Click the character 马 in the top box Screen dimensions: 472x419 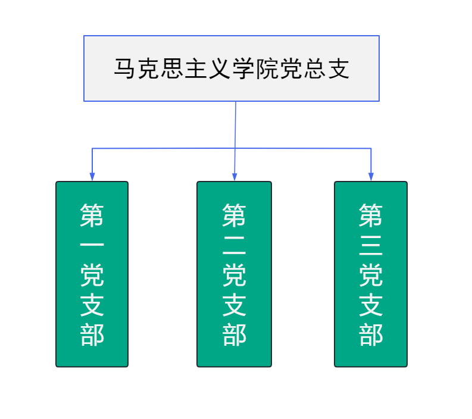124,68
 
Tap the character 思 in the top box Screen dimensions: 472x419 171,68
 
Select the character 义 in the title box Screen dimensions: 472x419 219,68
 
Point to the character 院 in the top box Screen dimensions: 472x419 267,68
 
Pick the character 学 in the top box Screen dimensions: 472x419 243,68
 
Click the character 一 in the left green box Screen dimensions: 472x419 92,245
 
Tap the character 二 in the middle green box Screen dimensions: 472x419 234,245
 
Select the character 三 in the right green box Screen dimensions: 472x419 371,245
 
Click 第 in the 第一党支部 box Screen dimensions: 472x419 92,215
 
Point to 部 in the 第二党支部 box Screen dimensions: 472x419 234,334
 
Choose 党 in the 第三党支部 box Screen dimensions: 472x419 371,275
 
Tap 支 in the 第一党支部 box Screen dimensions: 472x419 92,305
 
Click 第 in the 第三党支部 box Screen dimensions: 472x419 371,215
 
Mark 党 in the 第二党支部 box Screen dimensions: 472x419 234,275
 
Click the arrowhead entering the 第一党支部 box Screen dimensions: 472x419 92,177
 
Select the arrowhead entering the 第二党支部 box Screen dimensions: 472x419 235,177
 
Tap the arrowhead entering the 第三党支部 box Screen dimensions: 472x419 371,177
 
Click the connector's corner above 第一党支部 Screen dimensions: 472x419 92,148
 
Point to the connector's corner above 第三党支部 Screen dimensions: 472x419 371,148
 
